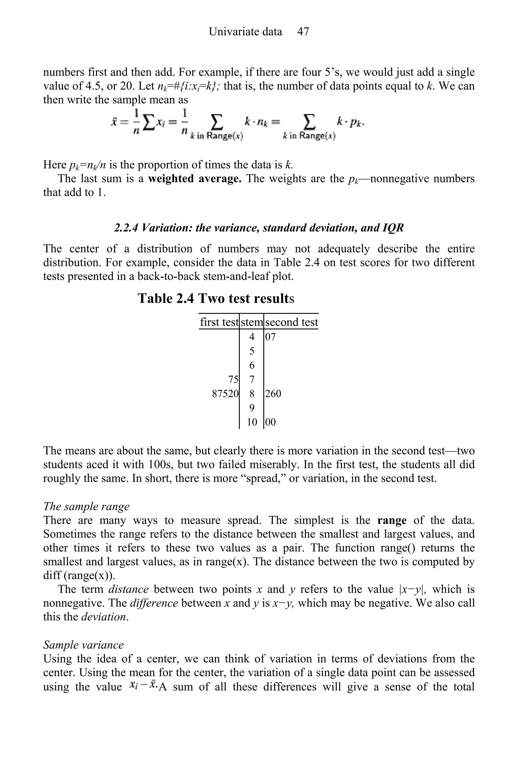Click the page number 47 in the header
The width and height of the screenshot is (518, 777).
coord(303,32)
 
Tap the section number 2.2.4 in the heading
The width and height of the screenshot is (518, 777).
coord(125,228)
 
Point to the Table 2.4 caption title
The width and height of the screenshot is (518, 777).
coord(216,298)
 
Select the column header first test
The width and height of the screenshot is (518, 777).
coord(219,322)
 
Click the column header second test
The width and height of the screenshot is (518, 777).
coord(291,322)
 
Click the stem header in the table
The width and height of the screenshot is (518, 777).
coord(251,322)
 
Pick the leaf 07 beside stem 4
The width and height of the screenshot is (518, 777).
coord(270,337)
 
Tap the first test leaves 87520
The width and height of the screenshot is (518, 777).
coord(225,394)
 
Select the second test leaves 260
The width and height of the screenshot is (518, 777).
coord(273,394)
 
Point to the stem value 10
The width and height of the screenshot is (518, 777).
coord(252,422)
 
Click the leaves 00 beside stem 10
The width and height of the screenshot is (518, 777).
coord(270,422)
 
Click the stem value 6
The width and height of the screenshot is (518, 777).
coord(252,365)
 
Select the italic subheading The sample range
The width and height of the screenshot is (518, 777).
coord(86,506)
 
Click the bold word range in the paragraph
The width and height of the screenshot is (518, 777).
coord(392,520)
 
